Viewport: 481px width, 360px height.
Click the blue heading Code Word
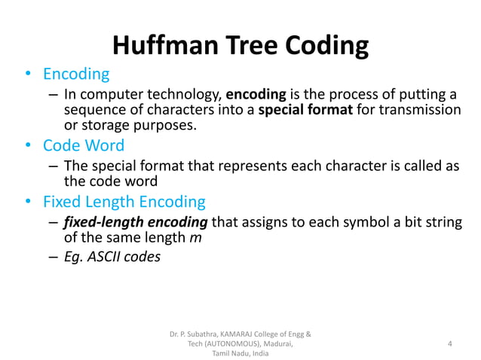84,145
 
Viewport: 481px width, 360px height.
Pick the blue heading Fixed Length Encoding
124,202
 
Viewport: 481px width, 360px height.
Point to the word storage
104,124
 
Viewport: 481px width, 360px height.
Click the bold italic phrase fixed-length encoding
133,224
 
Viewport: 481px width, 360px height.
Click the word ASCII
105,257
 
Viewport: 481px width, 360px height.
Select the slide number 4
449,343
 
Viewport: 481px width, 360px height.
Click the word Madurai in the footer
276,343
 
